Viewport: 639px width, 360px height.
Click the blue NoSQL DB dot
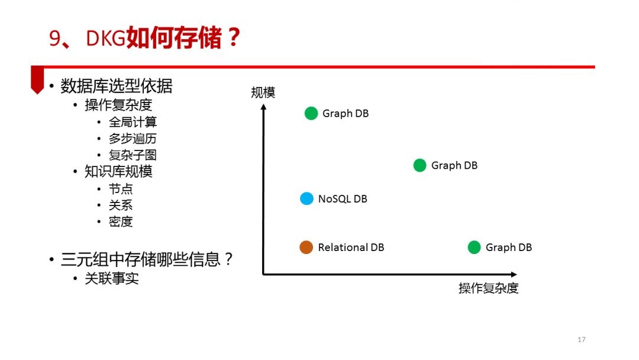click(x=306, y=198)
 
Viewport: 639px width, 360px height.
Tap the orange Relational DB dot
click(x=306, y=247)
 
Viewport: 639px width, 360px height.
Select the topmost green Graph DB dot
click(x=311, y=113)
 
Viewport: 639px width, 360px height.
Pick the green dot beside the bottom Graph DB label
click(x=474, y=247)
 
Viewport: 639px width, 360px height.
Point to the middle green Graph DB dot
click(x=419, y=166)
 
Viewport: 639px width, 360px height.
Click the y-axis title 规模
click(x=263, y=92)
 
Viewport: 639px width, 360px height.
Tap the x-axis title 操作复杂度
click(x=488, y=288)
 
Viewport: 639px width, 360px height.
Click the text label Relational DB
click(x=351, y=247)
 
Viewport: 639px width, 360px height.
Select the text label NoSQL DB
click(x=343, y=199)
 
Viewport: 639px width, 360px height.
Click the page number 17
click(x=582, y=340)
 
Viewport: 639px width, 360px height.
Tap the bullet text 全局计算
click(x=133, y=122)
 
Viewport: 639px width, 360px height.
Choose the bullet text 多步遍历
click(x=133, y=139)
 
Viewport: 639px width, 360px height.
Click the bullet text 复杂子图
click(x=133, y=155)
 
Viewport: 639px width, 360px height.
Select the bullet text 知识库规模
click(x=118, y=172)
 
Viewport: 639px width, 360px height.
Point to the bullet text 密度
click(x=121, y=222)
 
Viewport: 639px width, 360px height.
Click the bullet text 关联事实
click(x=112, y=278)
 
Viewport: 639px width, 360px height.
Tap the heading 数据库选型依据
click(x=117, y=86)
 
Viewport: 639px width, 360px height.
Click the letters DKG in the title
click(x=105, y=38)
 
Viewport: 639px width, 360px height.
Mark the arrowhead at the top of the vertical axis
click(x=263, y=107)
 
